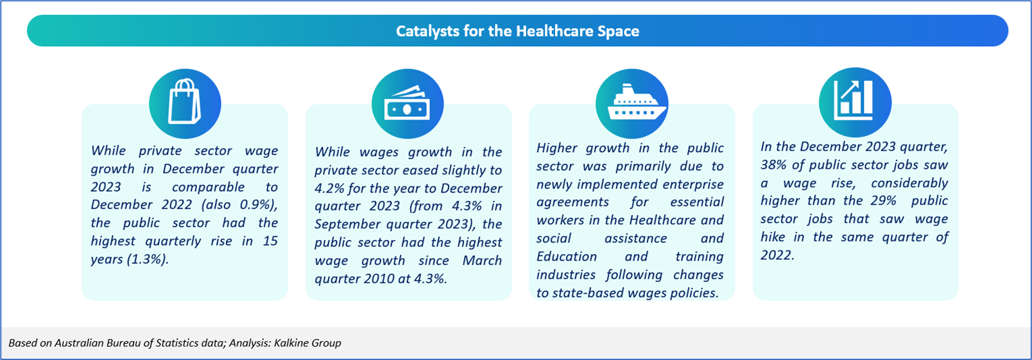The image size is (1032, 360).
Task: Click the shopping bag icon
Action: [x=184, y=101]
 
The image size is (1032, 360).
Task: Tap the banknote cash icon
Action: [x=408, y=103]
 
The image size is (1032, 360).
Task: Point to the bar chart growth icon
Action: [x=854, y=100]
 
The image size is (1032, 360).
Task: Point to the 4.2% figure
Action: [x=329, y=188]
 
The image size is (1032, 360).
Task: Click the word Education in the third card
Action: [x=566, y=256]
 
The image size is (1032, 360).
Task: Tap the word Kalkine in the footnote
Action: [x=290, y=343]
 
